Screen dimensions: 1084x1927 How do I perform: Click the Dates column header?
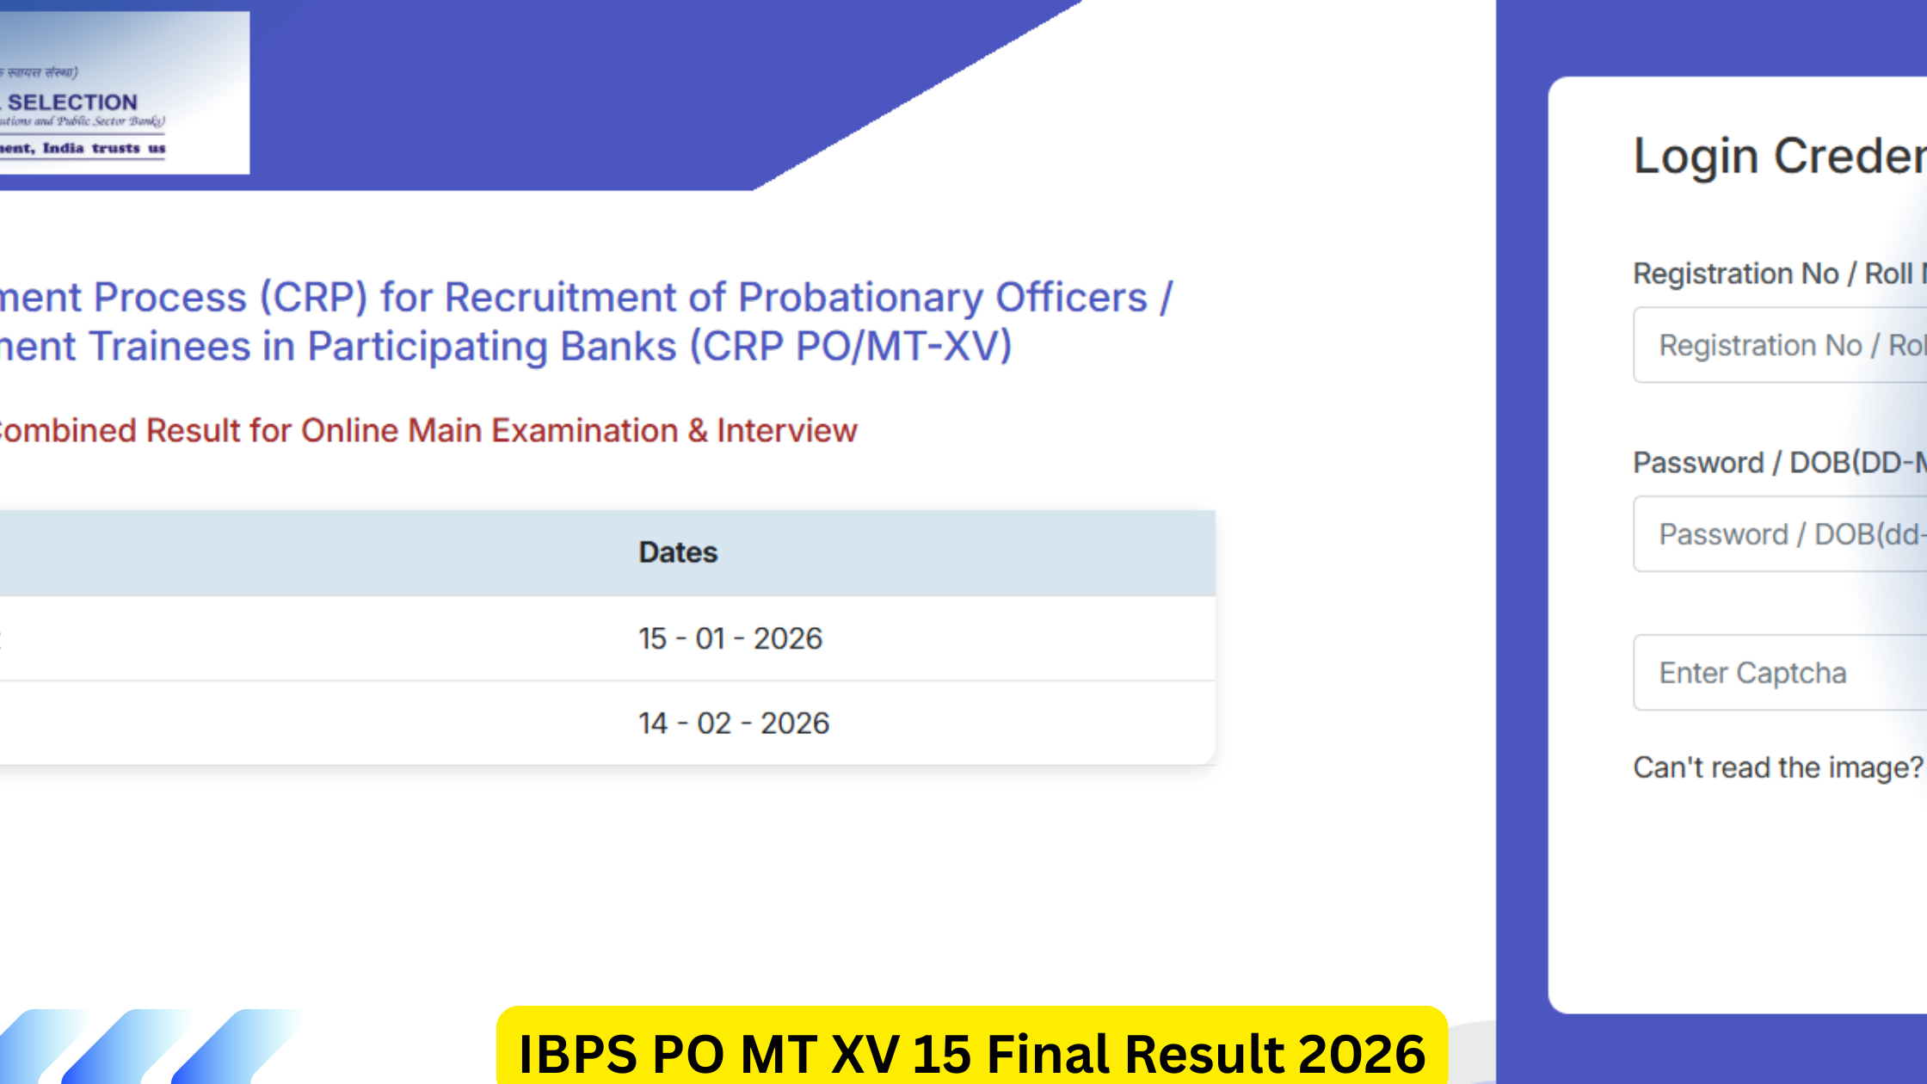pyautogui.click(x=678, y=552)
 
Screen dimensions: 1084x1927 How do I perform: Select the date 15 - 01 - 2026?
pyautogui.click(x=730, y=638)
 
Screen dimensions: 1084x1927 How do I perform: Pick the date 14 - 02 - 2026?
pyautogui.click(x=734, y=724)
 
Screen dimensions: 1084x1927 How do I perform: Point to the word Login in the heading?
pyautogui.click(x=1696, y=157)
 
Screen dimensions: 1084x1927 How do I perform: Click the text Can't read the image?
pyautogui.click(x=1777, y=767)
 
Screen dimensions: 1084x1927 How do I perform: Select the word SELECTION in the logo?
pyautogui.click(x=73, y=102)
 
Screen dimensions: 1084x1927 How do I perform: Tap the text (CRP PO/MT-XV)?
pyautogui.click(x=851, y=347)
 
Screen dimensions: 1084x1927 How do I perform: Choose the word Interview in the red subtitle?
pyautogui.click(x=787, y=430)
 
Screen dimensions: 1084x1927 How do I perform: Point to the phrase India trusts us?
pyautogui.click(x=104, y=148)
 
